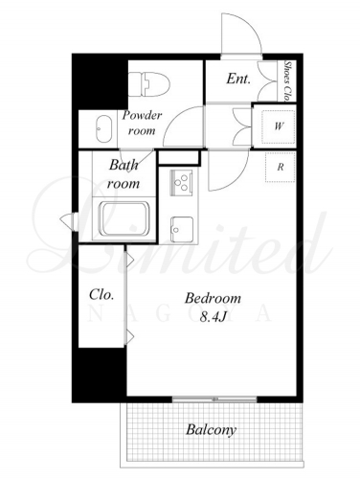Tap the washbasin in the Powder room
[103, 129]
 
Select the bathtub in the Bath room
[124, 218]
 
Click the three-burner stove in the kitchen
[182, 183]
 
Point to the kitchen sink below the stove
[182, 229]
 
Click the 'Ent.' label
[238, 79]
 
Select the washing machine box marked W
[278, 126]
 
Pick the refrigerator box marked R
[280, 167]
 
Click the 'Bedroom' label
[213, 298]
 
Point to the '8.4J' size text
[213, 317]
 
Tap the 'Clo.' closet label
[101, 294]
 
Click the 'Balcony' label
[212, 430]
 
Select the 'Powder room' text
[142, 123]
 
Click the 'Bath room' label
[124, 174]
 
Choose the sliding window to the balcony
[214, 399]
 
